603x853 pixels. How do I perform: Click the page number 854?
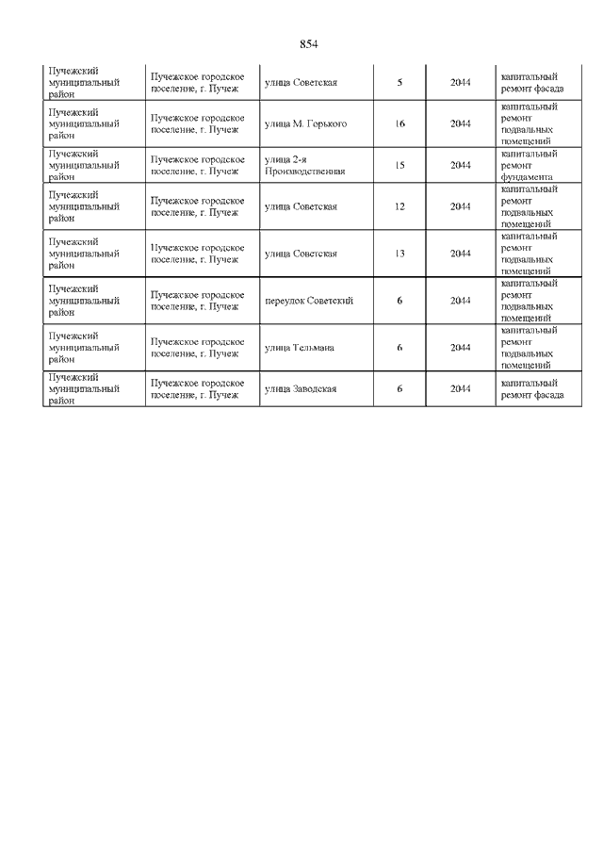[309, 45]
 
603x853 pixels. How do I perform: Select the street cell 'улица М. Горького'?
[305, 123]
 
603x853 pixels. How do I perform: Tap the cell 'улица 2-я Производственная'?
[305, 165]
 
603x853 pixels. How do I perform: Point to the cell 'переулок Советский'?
[309, 301]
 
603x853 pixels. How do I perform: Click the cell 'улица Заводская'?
[301, 389]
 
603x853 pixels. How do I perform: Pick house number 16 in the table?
[399, 123]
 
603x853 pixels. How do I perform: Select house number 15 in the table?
[399, 165]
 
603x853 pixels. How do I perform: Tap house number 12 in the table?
[399, 206]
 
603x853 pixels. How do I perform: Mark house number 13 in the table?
[399, 254]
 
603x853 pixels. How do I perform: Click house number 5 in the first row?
[399, 83]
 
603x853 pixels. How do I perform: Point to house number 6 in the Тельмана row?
[399, 348]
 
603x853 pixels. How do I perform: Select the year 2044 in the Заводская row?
[461, 389]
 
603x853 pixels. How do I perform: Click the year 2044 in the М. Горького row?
[461, 123]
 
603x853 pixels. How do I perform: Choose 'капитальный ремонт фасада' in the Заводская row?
[532, 389]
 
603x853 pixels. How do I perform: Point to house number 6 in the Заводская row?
[399, 389]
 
